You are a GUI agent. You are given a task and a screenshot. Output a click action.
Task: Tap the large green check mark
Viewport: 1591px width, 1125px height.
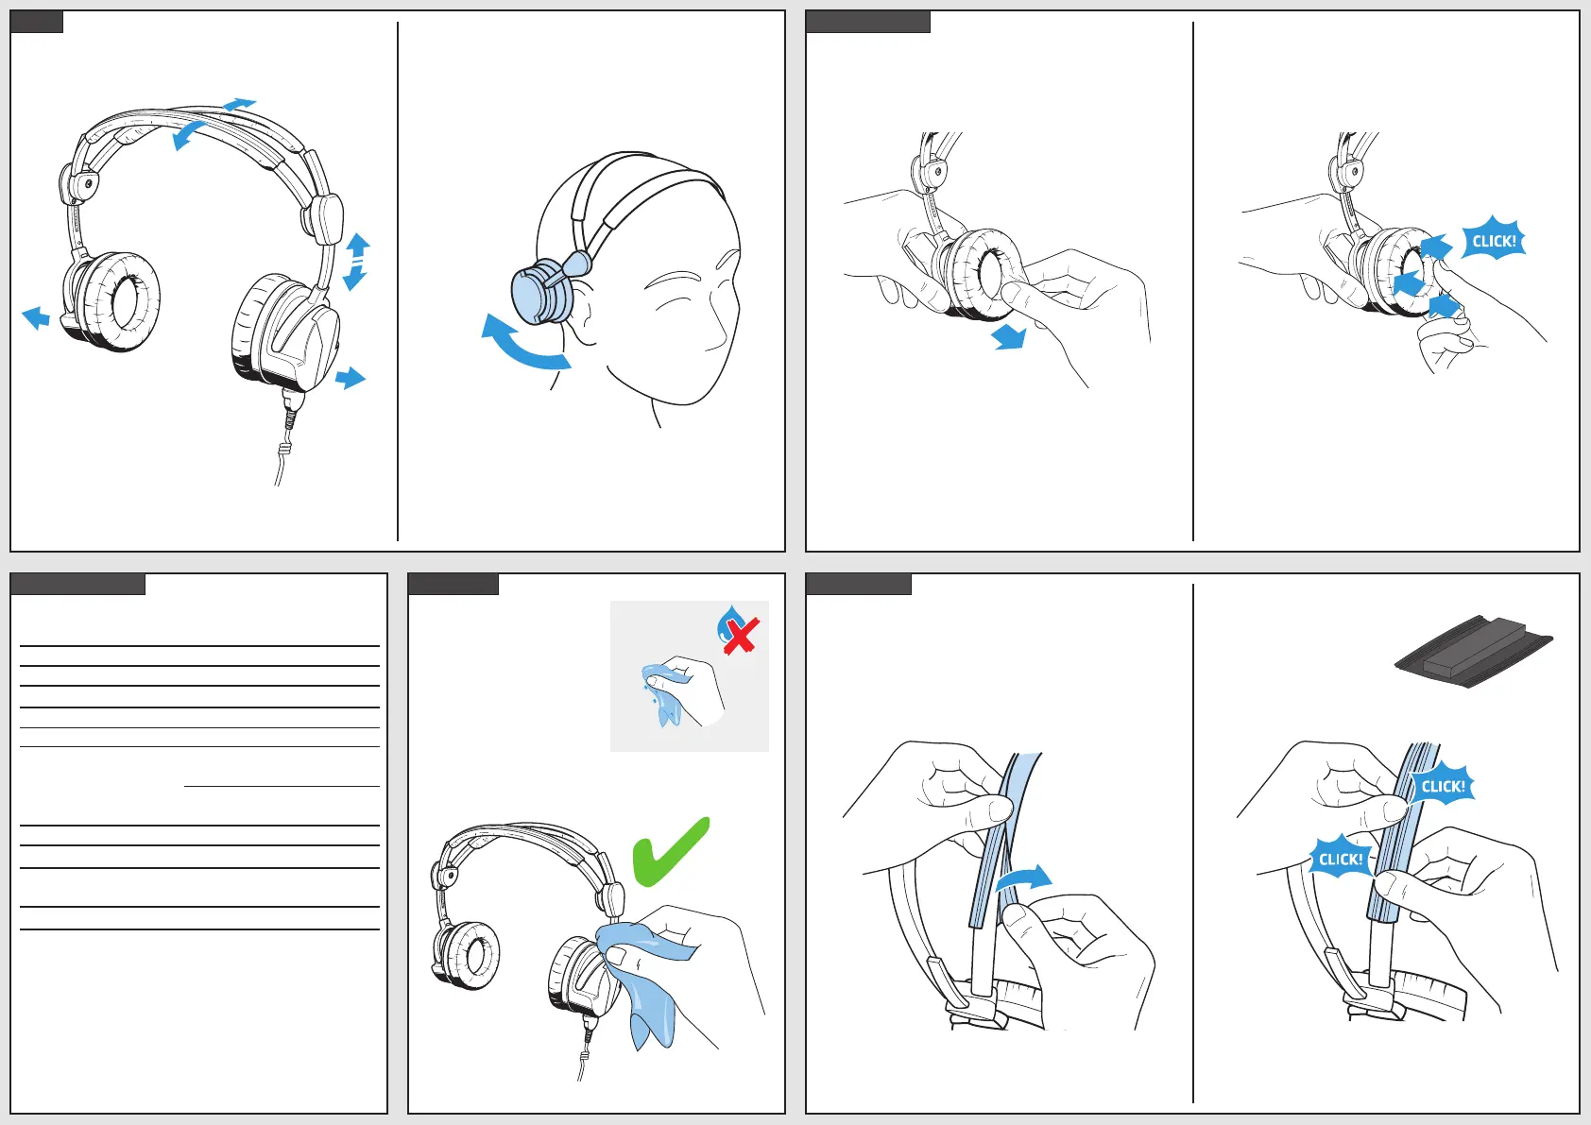[x=669, y=853]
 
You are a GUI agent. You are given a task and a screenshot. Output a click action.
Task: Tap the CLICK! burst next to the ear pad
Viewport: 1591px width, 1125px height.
[x=1493, y=241]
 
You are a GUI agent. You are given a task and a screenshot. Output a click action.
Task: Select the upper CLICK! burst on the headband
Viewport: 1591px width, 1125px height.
[x=1443, y=786]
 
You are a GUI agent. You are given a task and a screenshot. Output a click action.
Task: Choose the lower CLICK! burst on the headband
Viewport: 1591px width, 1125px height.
[x=1340, y=859]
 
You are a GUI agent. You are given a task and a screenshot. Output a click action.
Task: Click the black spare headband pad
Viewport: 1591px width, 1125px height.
[x=1474, y=652]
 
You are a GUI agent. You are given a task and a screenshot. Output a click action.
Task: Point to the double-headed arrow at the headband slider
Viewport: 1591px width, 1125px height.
[x=356, y=261]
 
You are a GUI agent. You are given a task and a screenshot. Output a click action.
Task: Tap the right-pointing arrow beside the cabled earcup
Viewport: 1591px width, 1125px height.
[x=351, y=378]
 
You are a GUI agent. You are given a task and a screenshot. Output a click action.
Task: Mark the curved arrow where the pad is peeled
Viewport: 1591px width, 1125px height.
[x=1023, y=878]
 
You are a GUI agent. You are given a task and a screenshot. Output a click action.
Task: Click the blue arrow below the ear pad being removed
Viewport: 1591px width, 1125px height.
[x=1010, y=336]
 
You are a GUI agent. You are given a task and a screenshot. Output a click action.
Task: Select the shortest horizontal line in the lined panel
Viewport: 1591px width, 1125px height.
[x=282, y=786]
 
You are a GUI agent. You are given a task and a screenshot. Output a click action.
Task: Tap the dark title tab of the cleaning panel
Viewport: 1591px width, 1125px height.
[x=453, y=584]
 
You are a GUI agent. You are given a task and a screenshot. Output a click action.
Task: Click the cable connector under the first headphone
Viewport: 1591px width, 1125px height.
[x=291, y=411]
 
